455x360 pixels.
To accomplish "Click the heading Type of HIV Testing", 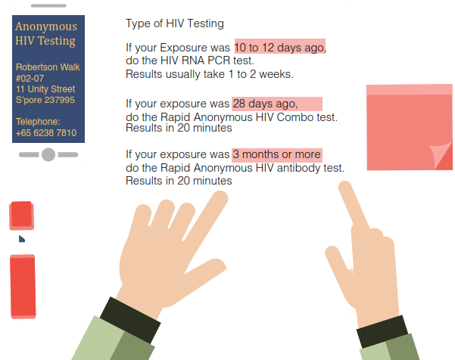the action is (175, 23).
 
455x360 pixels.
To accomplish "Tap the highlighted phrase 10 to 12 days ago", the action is (280, 47).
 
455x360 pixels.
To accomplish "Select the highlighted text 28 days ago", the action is (277, 104).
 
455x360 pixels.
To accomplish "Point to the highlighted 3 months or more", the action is (277, 154).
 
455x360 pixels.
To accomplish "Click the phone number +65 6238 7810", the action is (46, 133).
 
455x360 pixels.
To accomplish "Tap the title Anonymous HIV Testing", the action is (46, 33).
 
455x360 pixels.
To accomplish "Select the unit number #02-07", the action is (30, 79).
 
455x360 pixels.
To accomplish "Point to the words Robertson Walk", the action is (48, 67).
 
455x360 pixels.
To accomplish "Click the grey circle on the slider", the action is (48, 154).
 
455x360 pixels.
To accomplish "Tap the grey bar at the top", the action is (48, 5).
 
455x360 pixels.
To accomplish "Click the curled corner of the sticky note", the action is (441, 156).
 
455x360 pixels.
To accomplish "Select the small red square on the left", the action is (21, 216).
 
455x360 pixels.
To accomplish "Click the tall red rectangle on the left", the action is (23, 287).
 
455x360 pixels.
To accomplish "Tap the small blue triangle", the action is (21, 239).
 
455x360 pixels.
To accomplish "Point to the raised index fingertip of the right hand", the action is (345, 187).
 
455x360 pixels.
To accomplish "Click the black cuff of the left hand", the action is (130, 320).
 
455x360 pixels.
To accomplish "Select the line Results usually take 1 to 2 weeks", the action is (210, 74).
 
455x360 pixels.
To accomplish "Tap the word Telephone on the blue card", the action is (38, 122).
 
